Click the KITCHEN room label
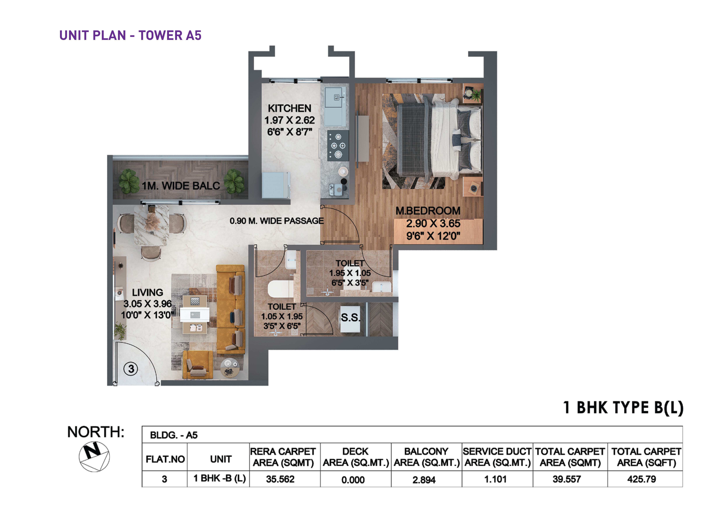[x=289, y=108]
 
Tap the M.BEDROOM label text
[x=428, y=211]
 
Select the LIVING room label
[x=147, y=293]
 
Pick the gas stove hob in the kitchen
[x=338, y=145]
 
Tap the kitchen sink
[x=335, y=106]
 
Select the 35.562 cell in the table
[x=280, y=479]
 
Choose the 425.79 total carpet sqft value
[x=641, y=479]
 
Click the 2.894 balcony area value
[x=424, y=480]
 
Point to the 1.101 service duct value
[x=495, y=479]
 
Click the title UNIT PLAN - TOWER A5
[x=130, y=36]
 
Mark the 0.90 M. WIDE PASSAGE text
[x=276, y=221]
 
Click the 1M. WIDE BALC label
[x=181, y=186]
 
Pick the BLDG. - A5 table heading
[x=174, y=435]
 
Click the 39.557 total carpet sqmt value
[x=566, y=479]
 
